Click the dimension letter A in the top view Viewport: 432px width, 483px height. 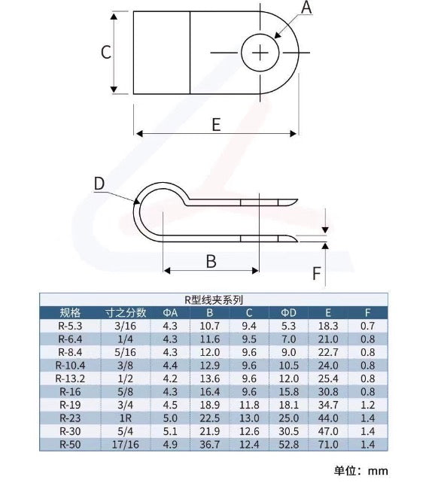click(306, 8)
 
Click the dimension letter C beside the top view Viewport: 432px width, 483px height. click(106, 53)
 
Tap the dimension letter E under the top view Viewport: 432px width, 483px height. click(216, 125)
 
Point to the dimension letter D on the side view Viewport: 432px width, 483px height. click(99, 184)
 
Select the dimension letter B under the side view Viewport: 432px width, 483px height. click(211, 261)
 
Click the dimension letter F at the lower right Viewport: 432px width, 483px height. click(317, 272)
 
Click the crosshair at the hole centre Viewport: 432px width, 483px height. click(260, 53)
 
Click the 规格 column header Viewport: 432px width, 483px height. click(70, 312)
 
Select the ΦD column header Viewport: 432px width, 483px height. click(290, 312)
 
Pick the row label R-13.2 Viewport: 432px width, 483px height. click(70, 378)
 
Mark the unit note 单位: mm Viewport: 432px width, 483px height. click(361, 471)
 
